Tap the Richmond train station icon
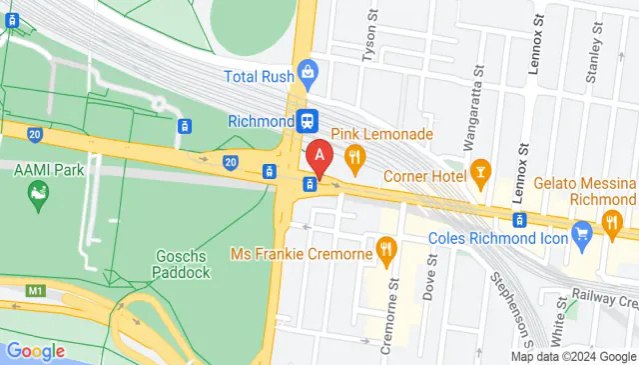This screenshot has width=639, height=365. pyautogui.click(x=308, y=121)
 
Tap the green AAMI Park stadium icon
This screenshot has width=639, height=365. pyautogui.click(x=39, y=195)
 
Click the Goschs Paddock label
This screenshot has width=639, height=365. pyautogui.click(x=183, y=263)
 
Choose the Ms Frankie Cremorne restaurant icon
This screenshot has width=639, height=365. pyautogui.click(x=385, y=249)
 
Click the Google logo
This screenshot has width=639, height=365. pyautogui.click(x=35, y=351)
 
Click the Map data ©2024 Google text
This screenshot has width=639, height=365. pyautogui.click(x=574, y=356)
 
